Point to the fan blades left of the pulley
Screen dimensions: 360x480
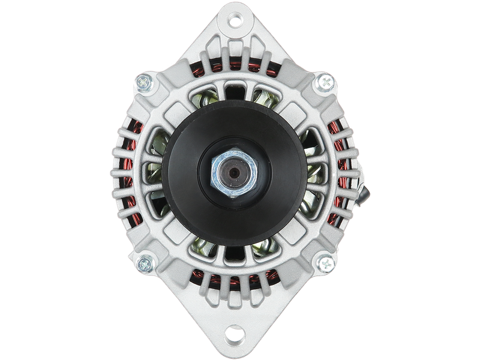[153, 174]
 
